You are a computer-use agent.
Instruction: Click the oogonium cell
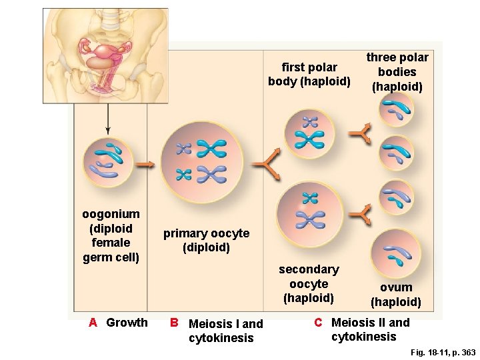pos(107,163)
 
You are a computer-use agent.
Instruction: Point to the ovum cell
pos(396,255)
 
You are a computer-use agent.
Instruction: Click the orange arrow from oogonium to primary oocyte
pos(143,163)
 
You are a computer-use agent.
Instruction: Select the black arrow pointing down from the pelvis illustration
pos(108,120)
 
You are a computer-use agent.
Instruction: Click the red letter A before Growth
pos(93,323)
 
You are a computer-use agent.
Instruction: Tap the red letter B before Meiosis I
pos(173,323)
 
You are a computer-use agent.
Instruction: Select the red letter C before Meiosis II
pos(319,323)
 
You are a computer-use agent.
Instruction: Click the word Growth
pos(127,323)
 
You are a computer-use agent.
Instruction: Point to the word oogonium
pos(111,214)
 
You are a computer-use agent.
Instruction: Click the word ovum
pos(396,287)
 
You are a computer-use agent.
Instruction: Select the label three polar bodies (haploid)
pos(397,72)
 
